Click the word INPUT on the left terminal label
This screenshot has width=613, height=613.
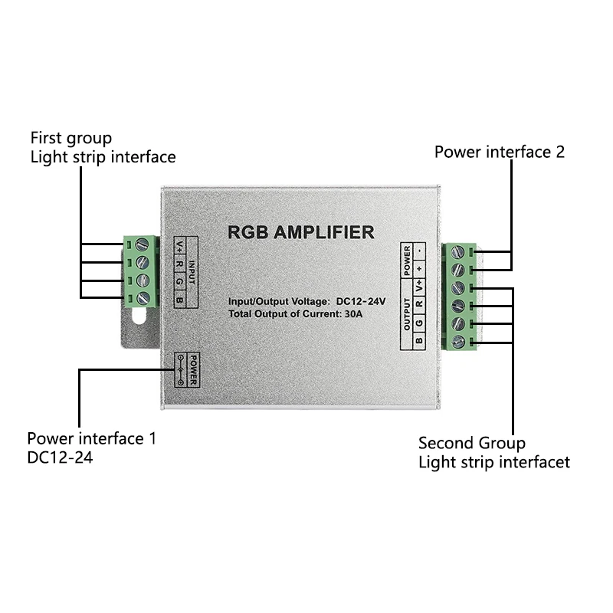[192, 271]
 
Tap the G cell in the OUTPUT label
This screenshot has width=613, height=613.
[419, 323]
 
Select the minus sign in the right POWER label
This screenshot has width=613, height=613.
[419, 251]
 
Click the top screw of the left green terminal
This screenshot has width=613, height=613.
[143, 245]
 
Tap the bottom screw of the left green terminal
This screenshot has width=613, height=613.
[143, 297]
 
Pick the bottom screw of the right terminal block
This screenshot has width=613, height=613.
[459, 343]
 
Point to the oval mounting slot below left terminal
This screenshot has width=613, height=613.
[139, 316]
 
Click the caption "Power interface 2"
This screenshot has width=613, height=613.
[499, 152]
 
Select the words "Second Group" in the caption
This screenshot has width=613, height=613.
[471, 443]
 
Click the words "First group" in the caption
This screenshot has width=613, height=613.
[70, 138]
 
